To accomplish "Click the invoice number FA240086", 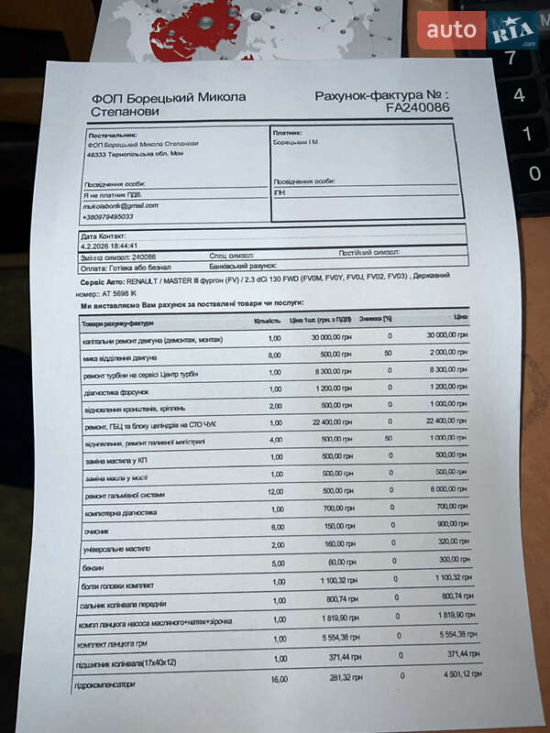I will point(417,107).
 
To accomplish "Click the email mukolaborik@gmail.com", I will point(120,205).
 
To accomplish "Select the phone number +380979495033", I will point(108,217).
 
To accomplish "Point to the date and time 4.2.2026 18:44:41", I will point(109,246).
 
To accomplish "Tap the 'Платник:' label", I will point(287,132).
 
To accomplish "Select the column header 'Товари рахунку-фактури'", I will point(117,323).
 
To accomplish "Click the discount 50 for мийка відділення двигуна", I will point(388,353).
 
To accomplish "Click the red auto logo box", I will point(451,30).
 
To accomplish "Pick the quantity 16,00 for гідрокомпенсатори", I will point(279,679).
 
